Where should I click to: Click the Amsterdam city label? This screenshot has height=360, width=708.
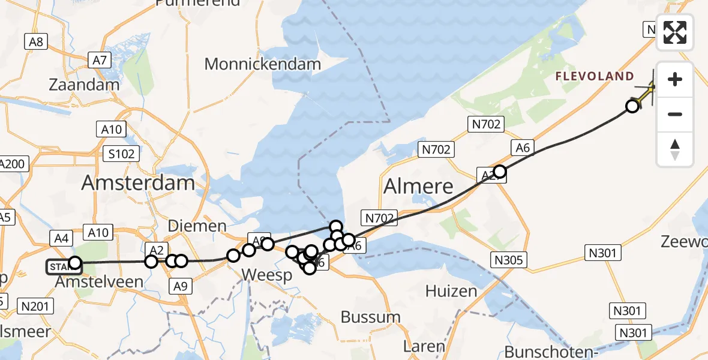(138, 183)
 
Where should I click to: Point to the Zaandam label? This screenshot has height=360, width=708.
(84, 85)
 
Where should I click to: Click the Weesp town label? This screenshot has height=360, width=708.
(266, 275)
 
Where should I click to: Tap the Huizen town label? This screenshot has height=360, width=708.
(451, 292)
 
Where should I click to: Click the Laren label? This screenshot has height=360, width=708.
(424, 346)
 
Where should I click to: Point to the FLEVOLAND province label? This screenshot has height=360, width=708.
(594, 76)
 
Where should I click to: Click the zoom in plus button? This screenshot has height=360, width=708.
(675, 79)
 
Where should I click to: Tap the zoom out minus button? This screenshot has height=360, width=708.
(675, 114)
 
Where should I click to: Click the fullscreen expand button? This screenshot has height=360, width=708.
(675, 32)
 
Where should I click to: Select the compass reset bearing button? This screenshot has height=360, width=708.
(675, 149)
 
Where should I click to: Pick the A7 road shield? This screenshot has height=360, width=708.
(100, 60)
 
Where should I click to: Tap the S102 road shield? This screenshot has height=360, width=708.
(122, 154)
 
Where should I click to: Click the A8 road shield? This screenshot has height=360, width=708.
(36, 41)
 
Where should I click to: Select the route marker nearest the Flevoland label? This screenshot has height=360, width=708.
(632, 106)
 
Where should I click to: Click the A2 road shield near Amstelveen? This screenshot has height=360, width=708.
(155, 250)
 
